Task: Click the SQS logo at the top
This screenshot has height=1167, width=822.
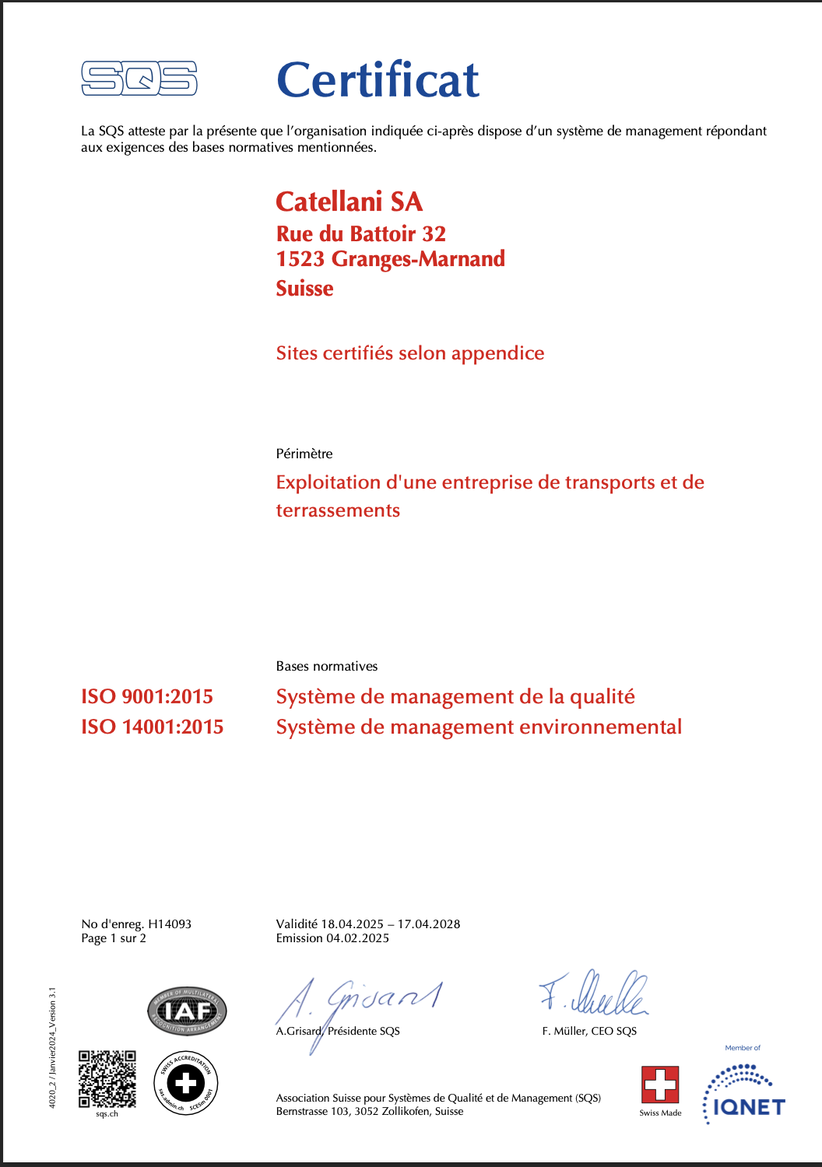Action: pyautogui.click(x=139, y=79)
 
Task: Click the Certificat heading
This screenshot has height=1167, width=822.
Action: pyautogui.click(x=378, y=80)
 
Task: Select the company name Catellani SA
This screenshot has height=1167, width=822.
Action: pyautogui.click(x=349, y=202)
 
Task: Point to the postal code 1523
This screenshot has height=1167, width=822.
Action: pyautogui.click(x=300, y=259)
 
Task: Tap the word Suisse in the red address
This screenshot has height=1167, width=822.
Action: pyautogui.click(x=304, y=289)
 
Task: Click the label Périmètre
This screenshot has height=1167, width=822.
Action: pyautogui.click(x=304, y=454)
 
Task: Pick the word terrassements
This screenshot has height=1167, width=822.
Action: pyautogui.click(x=338, y=510)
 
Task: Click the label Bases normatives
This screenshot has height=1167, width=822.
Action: pyautogui.click(x=327, y=666)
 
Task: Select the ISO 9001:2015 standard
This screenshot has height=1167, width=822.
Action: pyautogui.click(x=147, y=696)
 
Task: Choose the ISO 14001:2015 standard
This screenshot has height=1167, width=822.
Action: pyautogui.click(x=153, y=727)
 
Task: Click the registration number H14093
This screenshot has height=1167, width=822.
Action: pyautogui.click(x=170, y=924)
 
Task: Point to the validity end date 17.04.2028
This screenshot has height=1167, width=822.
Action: pyautogui.click(x=429, y=924)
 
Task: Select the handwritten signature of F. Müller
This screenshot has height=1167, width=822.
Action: pyautogui.click(x=595, y=994)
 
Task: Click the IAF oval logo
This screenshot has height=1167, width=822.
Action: pyautogui.click(x=187, y=1011)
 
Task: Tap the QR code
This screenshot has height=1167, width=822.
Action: pyautogui.click(x=107, y=1079)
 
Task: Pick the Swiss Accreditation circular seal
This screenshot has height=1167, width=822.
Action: pyautogui.click(x=186, y=1083)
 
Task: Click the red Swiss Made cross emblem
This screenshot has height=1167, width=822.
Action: pyautogui.click(x=660, y=1085)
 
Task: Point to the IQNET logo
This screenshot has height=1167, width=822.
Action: pyautogui.click(x=744, y=1095)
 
